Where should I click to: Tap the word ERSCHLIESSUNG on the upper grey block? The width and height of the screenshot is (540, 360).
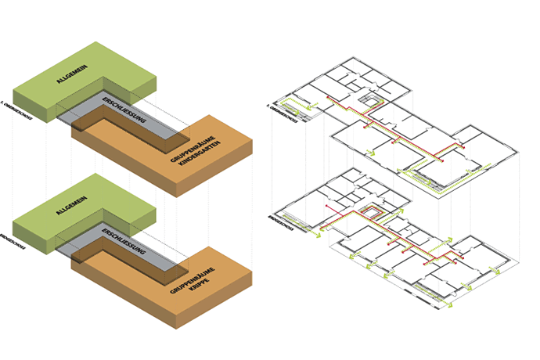(121, 110)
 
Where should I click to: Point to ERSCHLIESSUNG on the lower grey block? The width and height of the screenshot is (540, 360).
(121, 242)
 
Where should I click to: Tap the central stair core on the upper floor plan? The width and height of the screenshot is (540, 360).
(366, 102)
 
